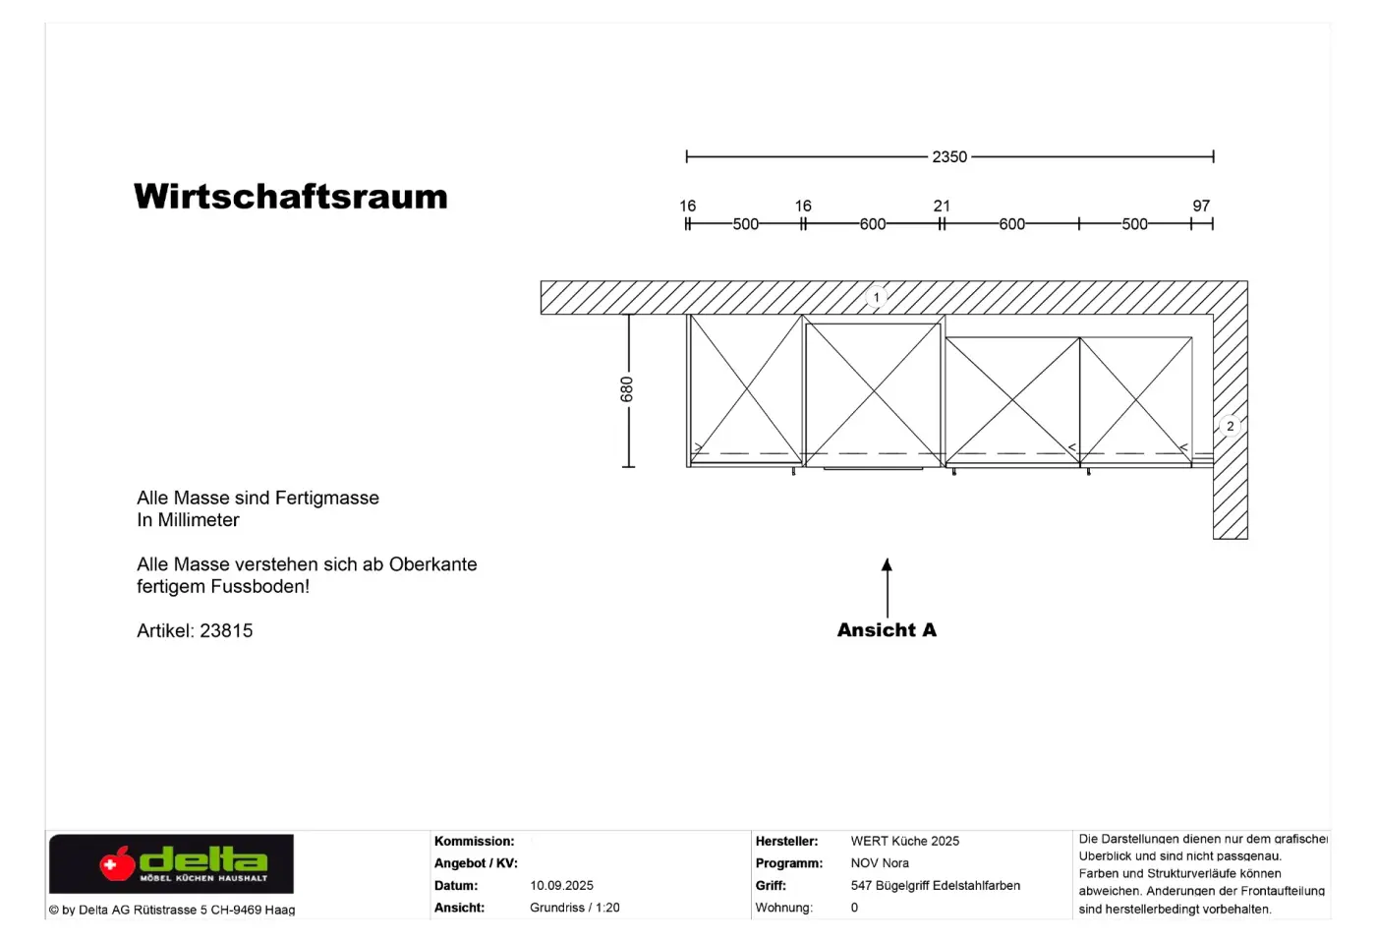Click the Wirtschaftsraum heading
point(291,197)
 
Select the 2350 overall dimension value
point(949,157)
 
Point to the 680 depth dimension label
point(626,389)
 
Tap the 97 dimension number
point(1201,206)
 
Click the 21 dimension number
point(942,206)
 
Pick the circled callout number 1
point(877,297)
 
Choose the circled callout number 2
point(1230,427)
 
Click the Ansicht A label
point(887,630)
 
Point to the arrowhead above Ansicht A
point(887,564)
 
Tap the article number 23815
point(226,630)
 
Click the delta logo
point(171,863)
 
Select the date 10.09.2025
point(561,886)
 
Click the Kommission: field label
point(474,842)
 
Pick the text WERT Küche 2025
point(905,842)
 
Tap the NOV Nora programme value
point(880,863)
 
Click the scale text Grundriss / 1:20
point(575,908)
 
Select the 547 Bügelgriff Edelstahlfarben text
point(936,886)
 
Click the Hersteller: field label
point(787,842)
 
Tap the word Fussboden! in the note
point(260,586)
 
